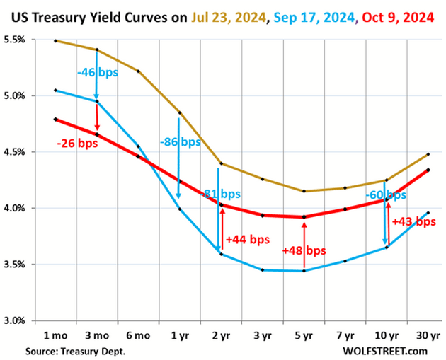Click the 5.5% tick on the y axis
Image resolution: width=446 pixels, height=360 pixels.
[15, 40]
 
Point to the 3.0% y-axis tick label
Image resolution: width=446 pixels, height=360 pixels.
[15, 320]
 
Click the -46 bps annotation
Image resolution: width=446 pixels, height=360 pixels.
[96, 71]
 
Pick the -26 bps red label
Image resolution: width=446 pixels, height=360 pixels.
[76, 144]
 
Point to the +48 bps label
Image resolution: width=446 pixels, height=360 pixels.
[304, 250]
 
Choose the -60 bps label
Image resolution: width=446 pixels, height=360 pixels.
[387, 194]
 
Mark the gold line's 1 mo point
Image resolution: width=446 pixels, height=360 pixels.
[55, 40]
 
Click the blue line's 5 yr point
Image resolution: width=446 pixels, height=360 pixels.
[304, 271]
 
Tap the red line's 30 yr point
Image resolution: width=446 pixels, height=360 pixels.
[428, 170]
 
